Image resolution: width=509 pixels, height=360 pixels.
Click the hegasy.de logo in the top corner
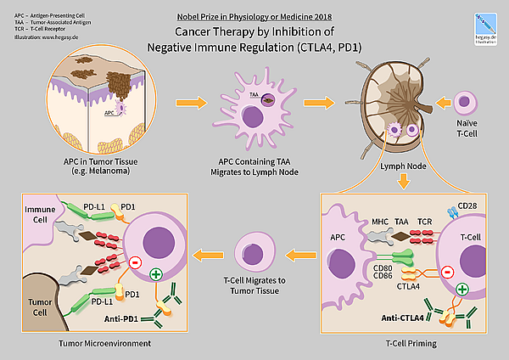coord(486,25)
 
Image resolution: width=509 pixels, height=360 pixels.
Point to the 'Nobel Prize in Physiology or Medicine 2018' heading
coord(255,15)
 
